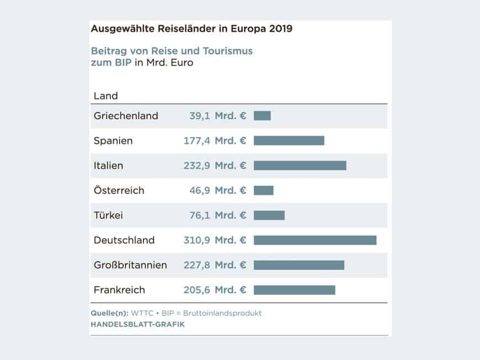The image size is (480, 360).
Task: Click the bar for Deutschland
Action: pos(315,240)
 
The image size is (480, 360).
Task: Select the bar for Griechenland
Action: pos(262,116)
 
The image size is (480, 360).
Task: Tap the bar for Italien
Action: pos(300,165)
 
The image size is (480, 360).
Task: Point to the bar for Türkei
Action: pos(269,215)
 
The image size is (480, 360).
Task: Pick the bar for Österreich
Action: pos(263,190)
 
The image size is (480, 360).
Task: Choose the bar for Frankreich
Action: pos(294,290)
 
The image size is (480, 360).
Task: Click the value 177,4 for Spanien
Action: pos(197,141)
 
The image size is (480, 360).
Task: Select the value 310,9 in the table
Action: pos(197,240)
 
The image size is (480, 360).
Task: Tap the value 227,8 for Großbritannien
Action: pos(197,265)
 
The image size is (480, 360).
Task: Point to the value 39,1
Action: pos(200,116)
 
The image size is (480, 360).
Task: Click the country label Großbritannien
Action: pos(130,265)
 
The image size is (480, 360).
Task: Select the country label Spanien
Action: pos(113,141)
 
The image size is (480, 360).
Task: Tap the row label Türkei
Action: pos(108,215)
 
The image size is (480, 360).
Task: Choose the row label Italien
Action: pos(109,165)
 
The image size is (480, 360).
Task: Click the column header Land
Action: pos(106,96)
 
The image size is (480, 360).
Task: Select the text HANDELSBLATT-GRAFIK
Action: pos(137,325)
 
